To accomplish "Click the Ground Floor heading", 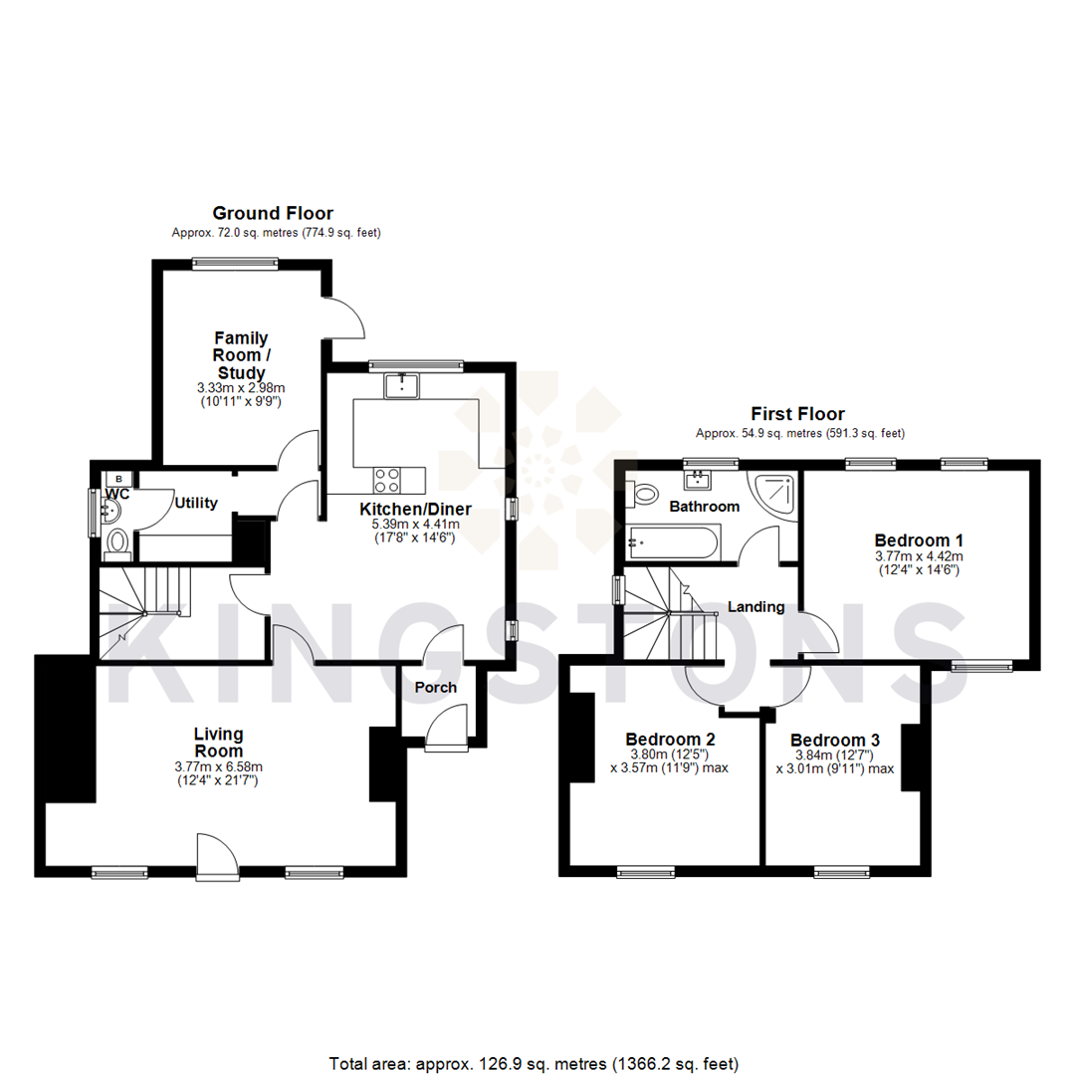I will click(x=272, y=213).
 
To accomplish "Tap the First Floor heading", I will click(x=798, y=414).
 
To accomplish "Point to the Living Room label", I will click(x=219, y=743).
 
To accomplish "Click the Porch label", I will click(x=436, y=687).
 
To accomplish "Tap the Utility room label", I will click(x=195, y=504).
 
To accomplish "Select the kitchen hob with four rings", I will click(x=386, y=480).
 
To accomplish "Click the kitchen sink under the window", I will click(x=403, y=384).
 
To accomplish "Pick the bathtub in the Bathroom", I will click(x=670, y=543).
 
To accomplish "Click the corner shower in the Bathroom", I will click(x=777, y=493).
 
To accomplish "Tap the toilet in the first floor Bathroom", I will click(x=643, y=491).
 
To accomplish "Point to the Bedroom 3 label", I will click(x=834, y=741).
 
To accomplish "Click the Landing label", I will click(x=756, y=606).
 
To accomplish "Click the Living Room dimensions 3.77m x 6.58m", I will click(x=219, y=767).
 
